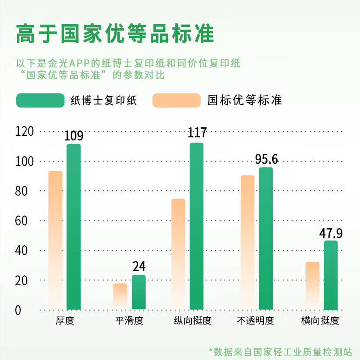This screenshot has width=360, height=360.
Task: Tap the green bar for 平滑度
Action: [139, 292]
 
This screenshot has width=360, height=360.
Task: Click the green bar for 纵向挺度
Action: [197, 226]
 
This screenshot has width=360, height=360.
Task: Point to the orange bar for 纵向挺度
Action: [178, 254]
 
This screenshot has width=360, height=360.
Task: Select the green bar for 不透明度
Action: [266, 238]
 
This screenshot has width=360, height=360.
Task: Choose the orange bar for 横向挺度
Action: [312, 286]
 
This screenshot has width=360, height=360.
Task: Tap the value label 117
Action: [197, 133]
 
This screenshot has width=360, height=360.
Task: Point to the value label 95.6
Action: [266, 159]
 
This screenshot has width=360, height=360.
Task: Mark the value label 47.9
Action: [331, 234]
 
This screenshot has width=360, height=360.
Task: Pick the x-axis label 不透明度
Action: [255, 321]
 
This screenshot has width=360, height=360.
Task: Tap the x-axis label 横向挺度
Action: [320, 321]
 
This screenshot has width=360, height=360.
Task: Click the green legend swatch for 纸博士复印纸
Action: [40, 100]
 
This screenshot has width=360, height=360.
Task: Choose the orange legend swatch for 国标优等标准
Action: [176, 100]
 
